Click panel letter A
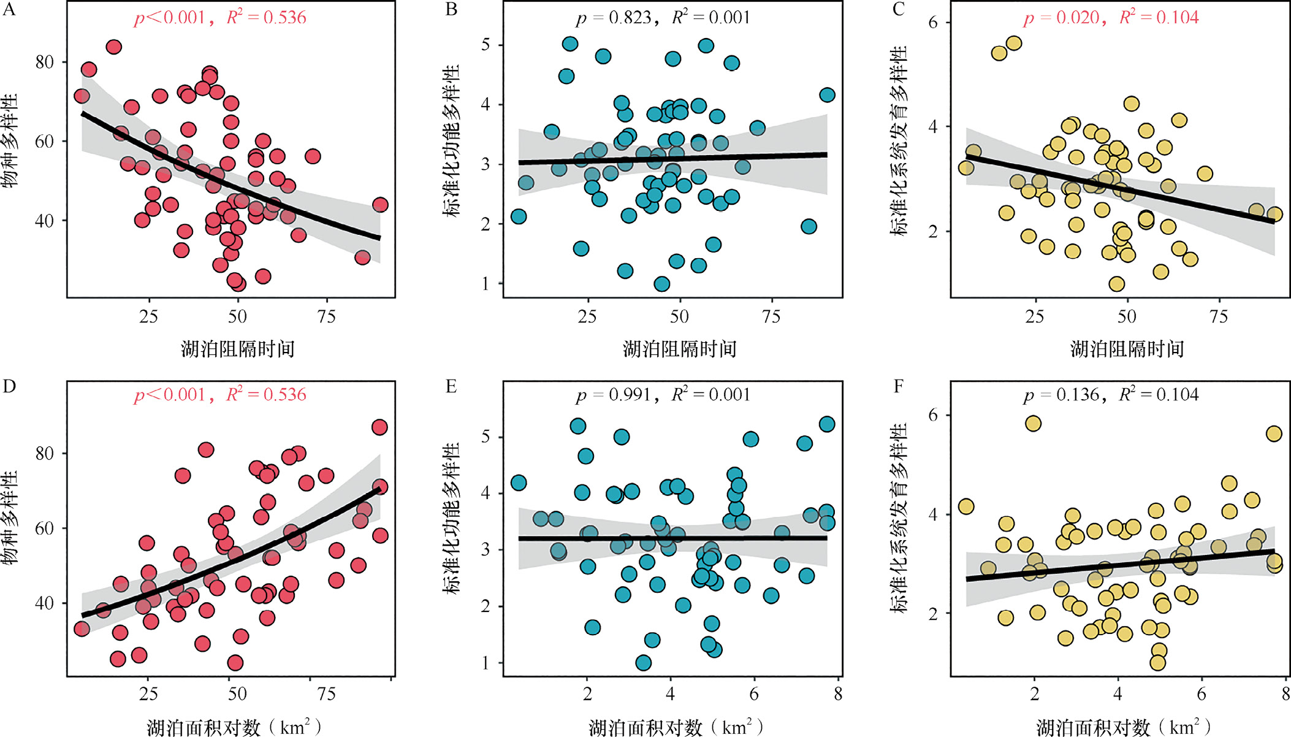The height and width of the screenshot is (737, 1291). [x=9, y=9]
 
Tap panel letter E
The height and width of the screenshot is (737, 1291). [x=451, y=386]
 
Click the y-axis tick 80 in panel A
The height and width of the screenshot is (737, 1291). [x=44, y=62]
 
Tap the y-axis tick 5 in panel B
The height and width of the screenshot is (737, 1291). [x=486, y=45]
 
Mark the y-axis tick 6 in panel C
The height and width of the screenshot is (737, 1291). [x=933, y=23]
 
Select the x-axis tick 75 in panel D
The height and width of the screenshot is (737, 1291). [x=326, y=693]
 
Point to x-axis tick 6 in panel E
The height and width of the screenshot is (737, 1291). [x=754, y=693]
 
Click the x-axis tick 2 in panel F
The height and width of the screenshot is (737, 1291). [x=1035, y=693]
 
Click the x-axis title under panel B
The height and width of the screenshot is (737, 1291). [x=679, y=349]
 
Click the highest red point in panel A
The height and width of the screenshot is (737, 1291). [x=113, y=47]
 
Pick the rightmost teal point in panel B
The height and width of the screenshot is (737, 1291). [x=827, y=95]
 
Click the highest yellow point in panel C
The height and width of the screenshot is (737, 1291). [x=1014, y=43]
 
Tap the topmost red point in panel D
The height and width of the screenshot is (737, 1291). [x=379, y=427]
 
